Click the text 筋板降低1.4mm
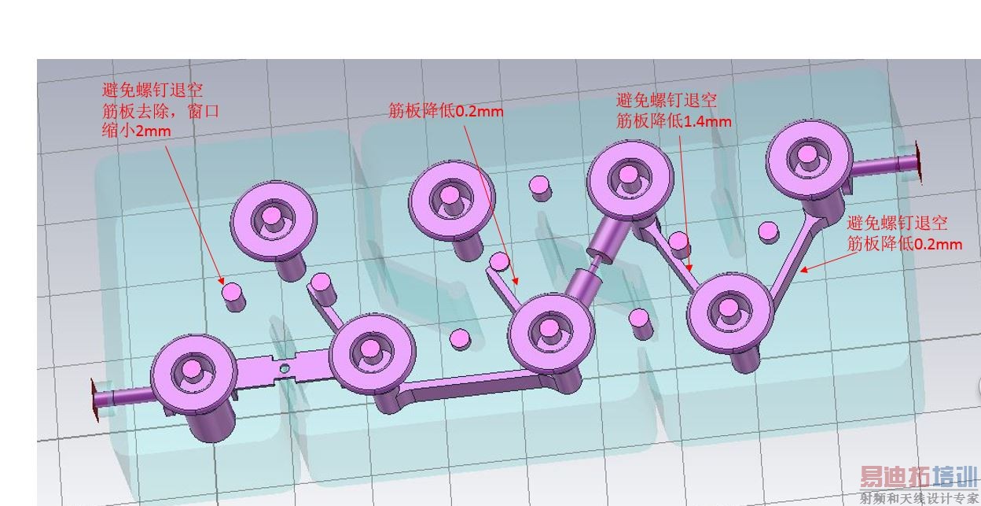click(x=674, y=121)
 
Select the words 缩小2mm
click(x=136, y=131)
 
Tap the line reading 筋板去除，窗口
click(x=160, y=111)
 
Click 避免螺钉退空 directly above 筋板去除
click(x=152, y=90)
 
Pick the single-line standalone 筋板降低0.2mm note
click(x=446, y=110)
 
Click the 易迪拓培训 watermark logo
click(x=918, y=478)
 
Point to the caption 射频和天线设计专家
click(x=918, y=499)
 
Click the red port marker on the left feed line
click(x=94, y=400)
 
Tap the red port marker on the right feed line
click(x=919, y=162)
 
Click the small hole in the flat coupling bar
click(x=285, y=368)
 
